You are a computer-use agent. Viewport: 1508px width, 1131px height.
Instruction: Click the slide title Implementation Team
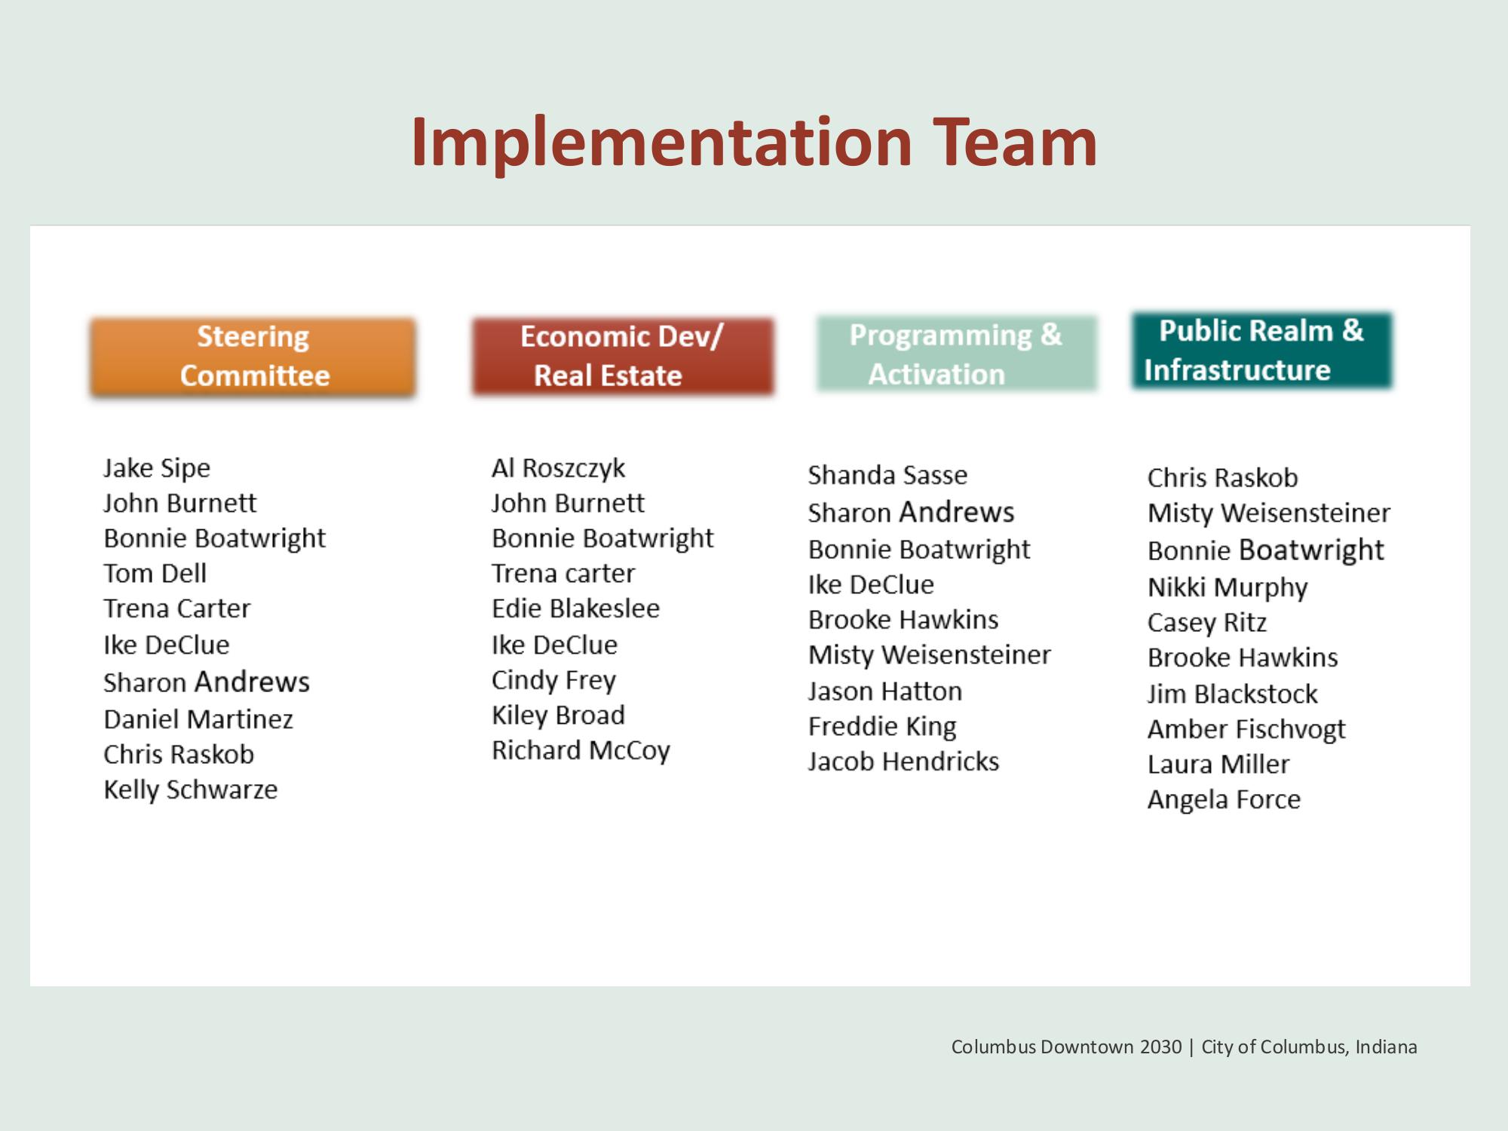[x=754, y=143]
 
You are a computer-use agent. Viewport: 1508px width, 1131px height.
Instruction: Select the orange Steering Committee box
[x=253, y=357]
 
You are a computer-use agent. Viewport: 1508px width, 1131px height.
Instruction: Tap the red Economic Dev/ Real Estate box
[x=623, y=356]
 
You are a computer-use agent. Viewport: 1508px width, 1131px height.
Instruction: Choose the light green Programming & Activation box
[x=956, y=354]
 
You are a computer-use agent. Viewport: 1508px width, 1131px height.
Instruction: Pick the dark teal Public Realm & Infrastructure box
[x=1261, y=351]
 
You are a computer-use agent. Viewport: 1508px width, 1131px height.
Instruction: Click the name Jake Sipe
[x=157, y=468]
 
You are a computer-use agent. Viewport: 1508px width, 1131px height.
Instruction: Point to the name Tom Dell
[x=155, y=573]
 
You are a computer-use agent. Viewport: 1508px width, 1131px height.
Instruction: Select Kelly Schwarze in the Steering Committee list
[x=191, y=789]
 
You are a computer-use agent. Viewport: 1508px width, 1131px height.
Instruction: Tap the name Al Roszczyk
[x=558, y=468]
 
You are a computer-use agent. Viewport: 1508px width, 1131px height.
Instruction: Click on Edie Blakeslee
[x=575, y=608]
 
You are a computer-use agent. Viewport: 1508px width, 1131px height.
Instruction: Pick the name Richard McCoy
[x=581, y=750]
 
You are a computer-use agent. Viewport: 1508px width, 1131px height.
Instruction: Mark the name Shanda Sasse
[x=887, y=475]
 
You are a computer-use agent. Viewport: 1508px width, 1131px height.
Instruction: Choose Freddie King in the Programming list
[x=882, y=727]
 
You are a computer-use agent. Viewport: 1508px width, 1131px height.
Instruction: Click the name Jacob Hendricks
[x=903, y=762]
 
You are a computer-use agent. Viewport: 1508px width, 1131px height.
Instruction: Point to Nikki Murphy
[x=1228, y=587]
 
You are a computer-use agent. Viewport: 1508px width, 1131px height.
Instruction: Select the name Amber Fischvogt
[x=1246, y=729]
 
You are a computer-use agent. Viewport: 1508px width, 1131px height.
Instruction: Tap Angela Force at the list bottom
[x=1224, y=799]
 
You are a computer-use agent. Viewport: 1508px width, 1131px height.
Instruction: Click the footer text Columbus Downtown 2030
[x=1066, y=1047]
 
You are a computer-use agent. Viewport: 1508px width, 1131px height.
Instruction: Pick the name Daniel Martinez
[x=198, y=719]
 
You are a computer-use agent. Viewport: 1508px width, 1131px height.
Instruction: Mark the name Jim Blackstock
[x=1232, y=694]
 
